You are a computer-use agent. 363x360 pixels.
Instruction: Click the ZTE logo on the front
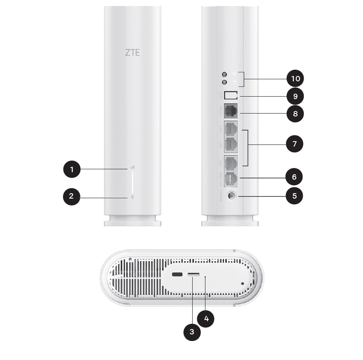(x=132, y=52)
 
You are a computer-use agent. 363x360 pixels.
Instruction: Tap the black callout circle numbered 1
(x=72, y=169)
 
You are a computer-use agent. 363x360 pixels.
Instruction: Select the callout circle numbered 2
(x=71, y=196)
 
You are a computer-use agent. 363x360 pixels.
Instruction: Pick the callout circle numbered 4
(x=206, y=318)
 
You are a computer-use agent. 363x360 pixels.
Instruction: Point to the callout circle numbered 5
(x=294, y=195)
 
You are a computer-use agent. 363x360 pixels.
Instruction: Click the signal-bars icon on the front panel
(x=132, y=168)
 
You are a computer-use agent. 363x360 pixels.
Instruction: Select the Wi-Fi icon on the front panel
(x=132, y=197)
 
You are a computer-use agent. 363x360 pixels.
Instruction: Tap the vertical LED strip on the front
(x=132, y=182)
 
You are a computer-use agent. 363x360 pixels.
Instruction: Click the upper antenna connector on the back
(x=224, y=74)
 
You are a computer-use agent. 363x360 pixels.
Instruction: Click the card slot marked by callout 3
(x=193, y=275)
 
